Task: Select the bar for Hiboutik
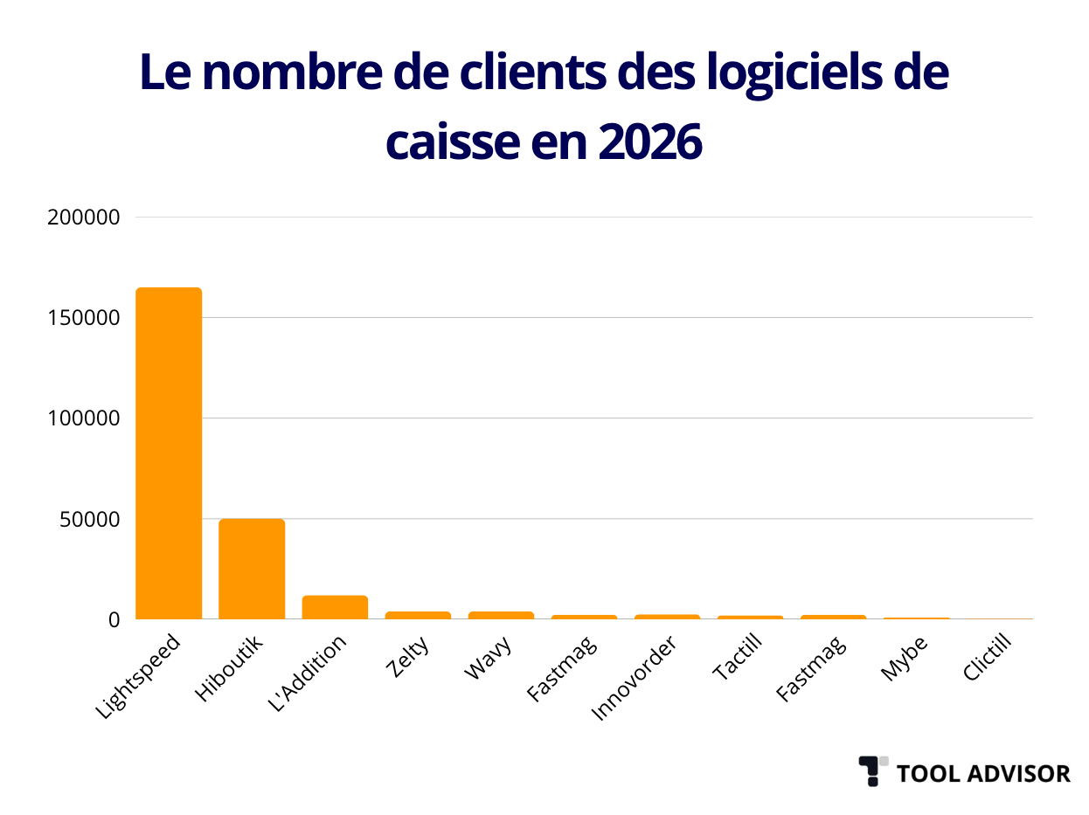point(252,569)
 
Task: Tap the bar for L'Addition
point(335,607)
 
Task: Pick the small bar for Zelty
point(418,615)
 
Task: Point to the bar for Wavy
point(501,615)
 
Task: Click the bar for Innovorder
point(667,617)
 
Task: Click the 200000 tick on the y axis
point(83,218)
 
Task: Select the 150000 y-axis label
point(83,318)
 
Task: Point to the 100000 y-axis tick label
point(83,418)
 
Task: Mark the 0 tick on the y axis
point(113,620)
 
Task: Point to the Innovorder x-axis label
point(634,679)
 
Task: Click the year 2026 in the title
point(650,142)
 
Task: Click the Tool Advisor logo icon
point(872,770)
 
